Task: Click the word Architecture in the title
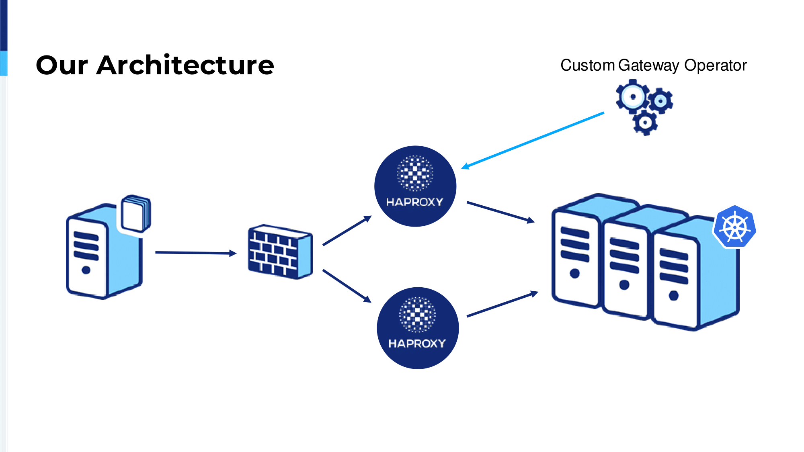(185, 65)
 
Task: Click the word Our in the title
(62, 65)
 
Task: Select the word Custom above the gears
(587, 65)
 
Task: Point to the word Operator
(716, 65)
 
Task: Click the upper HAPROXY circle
(415, 186)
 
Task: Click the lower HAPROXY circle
(418, 328)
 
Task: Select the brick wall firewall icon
(280, 252)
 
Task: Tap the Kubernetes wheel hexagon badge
(734, 227)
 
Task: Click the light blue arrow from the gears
(533, 140)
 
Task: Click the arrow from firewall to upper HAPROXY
(347, 231)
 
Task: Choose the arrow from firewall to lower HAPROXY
(347, 286)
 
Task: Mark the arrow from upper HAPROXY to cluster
(500, 212)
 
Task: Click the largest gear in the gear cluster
(632, 96)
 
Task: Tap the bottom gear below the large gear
(645, 122)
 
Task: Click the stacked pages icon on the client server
(136, 214)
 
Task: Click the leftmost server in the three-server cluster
(575, 257)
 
